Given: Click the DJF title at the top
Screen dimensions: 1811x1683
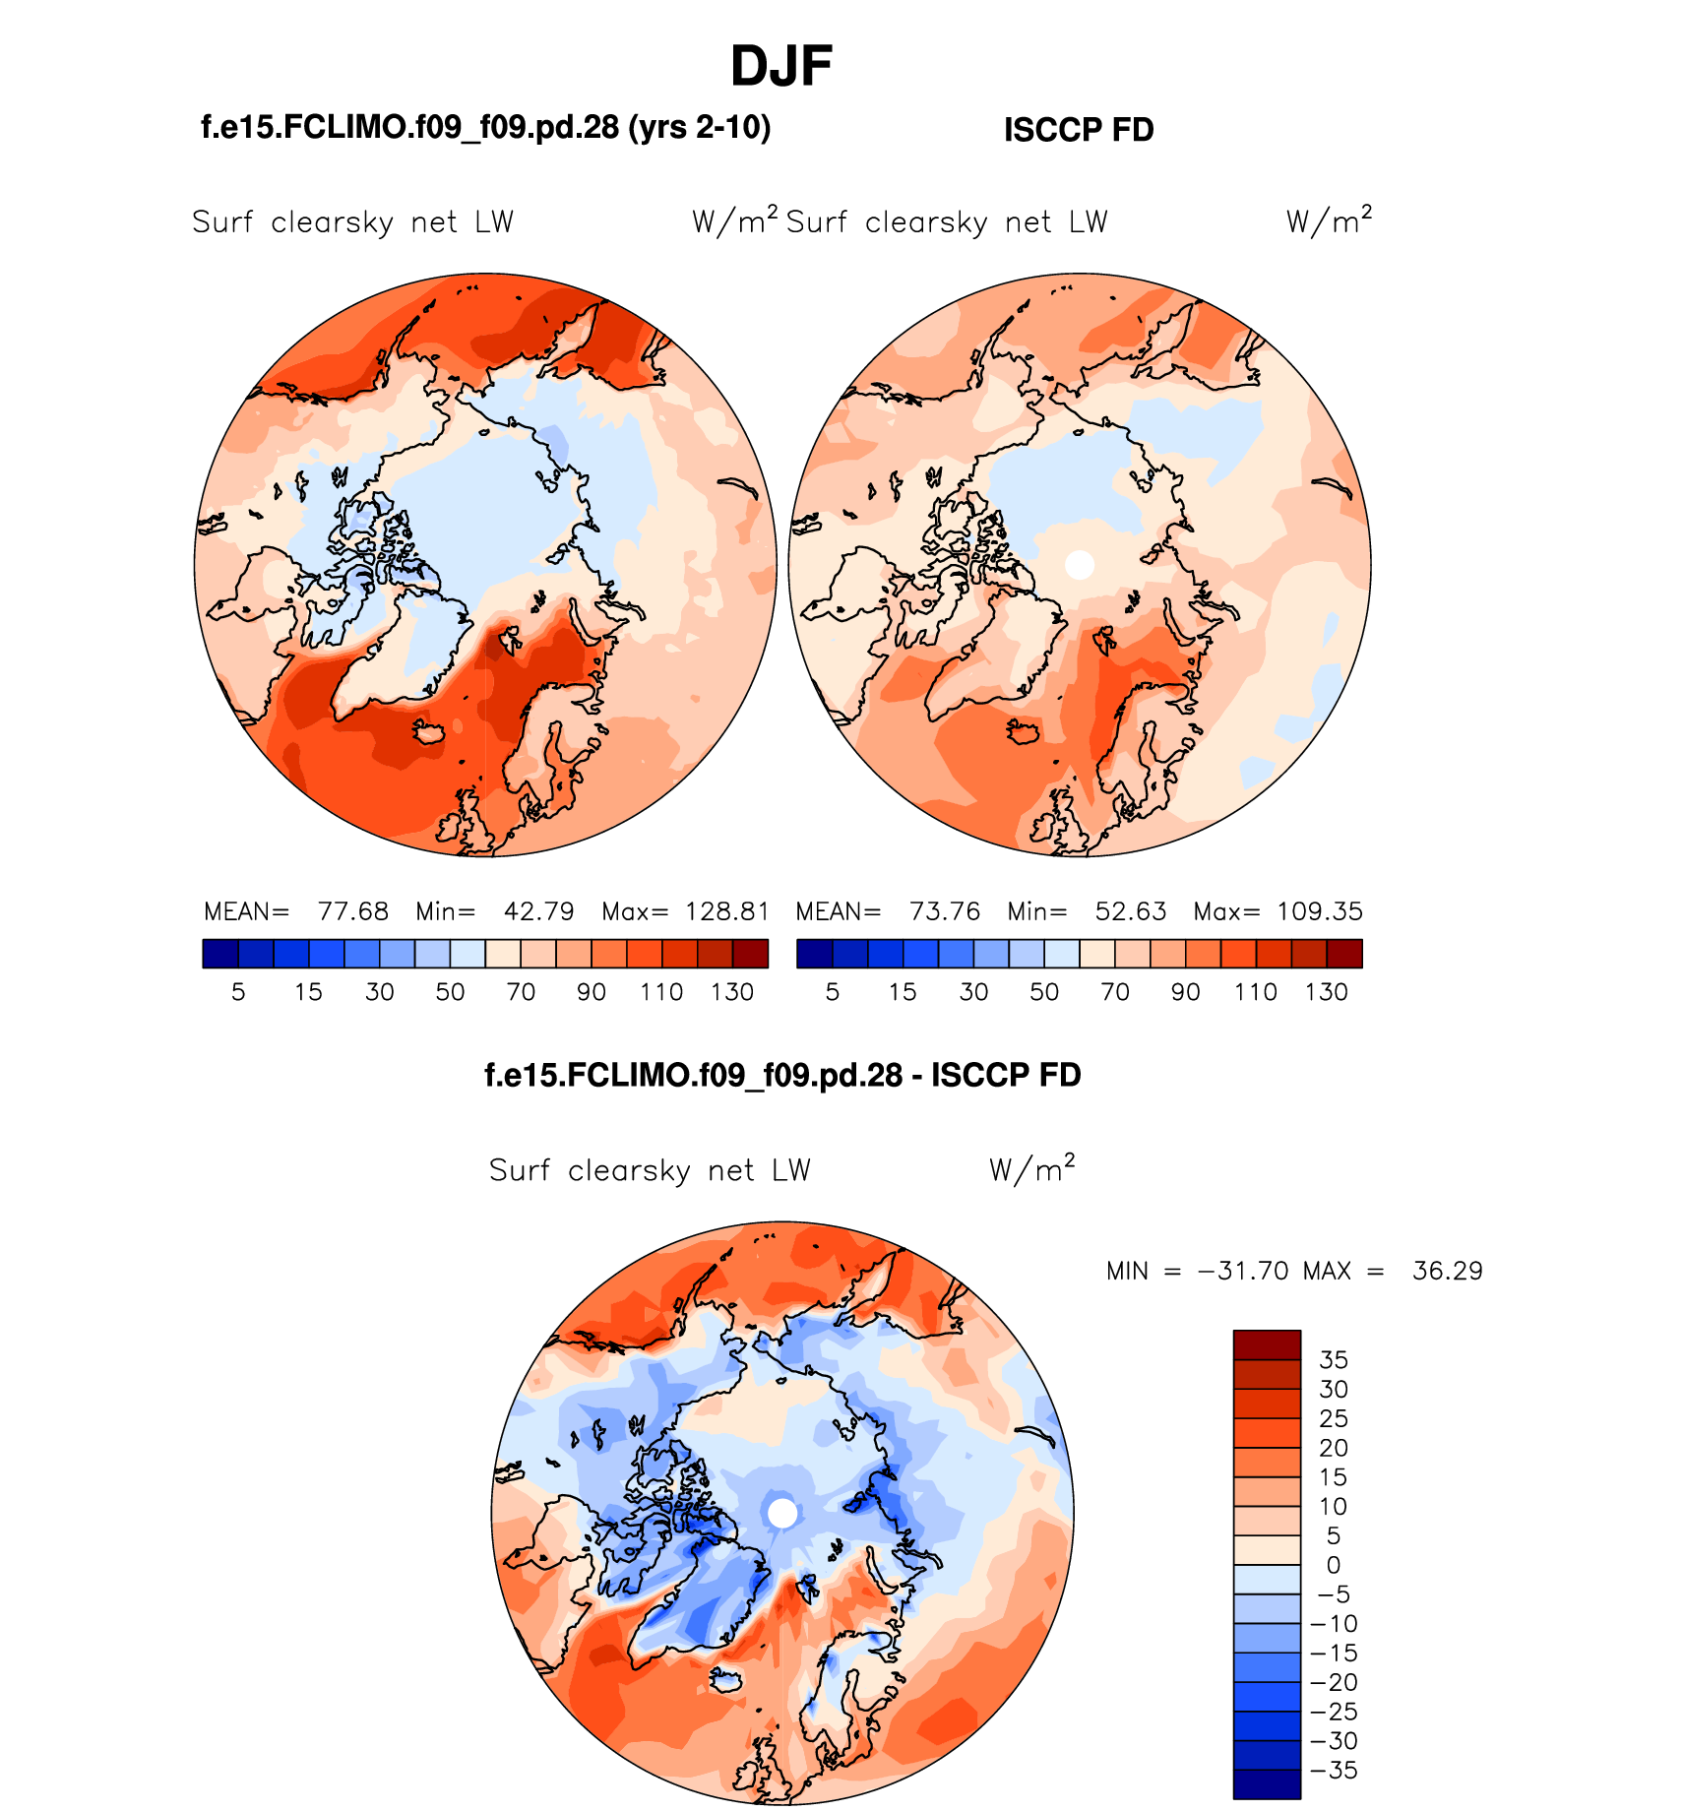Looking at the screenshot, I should [x=781, y=67].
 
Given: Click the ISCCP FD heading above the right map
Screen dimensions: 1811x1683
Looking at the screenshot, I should [x=1078, y=130].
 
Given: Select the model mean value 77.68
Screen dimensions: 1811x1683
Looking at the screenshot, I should [x=352, y=911].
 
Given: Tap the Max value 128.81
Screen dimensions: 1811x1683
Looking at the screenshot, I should [x=726, y=911].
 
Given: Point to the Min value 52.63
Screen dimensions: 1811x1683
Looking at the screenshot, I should [x=1130, y=911].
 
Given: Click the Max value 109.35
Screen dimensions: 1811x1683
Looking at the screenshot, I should [x=1319, y=911].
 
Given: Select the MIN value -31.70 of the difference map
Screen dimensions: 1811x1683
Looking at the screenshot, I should [x=1242, y=1271].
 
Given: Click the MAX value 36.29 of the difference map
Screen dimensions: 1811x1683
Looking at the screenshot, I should [x=1447, y=1271].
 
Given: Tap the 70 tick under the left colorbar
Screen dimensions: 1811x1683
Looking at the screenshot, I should [x=521, y=992].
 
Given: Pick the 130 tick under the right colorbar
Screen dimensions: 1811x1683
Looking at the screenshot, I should [x=1326, y=992].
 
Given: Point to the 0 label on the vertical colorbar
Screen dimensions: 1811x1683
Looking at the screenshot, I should [x=1334, y=1565].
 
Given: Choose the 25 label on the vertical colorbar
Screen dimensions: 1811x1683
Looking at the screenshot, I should [x=1334, y=1418].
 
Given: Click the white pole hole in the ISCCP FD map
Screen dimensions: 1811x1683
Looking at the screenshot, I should [x=1080, y=565].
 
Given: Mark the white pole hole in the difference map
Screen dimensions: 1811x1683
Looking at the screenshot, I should [x=782, y=1513].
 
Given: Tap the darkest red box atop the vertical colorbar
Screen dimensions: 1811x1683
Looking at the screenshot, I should [x=1267, y=1344].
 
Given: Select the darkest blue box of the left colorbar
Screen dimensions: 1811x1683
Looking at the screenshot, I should [x=220, y=954].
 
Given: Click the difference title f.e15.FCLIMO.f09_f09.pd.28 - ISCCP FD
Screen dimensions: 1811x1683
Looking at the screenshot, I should [x=782, y=1075].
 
